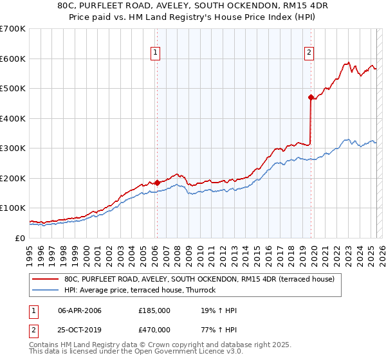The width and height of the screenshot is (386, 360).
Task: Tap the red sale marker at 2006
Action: pos(156,183)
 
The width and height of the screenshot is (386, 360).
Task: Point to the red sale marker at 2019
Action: pos(311,98)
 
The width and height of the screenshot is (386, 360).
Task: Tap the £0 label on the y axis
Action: pos(19,238)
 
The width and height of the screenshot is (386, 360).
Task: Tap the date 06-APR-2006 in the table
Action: pos(80,310)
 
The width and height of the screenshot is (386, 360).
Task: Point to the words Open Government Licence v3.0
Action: pos(192,351)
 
